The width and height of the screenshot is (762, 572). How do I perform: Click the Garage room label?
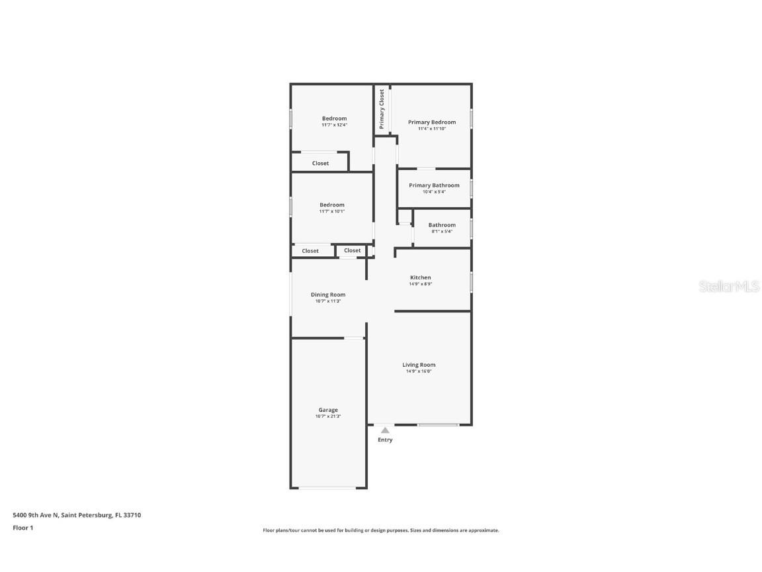pyautogui.click(x=328, y=410)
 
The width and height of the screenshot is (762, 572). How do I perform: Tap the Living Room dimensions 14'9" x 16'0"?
pyautogui.click(x=419, y=371)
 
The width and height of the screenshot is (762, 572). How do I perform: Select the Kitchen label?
pyautogui.click(x=421, y=277)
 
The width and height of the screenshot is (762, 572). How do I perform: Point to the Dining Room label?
pyautogui.click(x=328, y=295)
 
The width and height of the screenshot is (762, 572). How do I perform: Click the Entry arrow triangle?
pyautogui.click(x=385, y=430)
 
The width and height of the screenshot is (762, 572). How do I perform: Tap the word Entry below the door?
pyautogui.click(x=385, y=440)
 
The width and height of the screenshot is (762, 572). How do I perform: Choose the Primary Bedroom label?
pyautogui.click(x=432, y=122)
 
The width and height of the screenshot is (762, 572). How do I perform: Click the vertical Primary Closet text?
pyautogui.click(x=382, y=109)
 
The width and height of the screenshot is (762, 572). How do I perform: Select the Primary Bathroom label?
pyautogui.click(x=434, y=185)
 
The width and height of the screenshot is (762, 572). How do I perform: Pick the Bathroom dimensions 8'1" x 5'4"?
pyautogui.click(x=442, y=232)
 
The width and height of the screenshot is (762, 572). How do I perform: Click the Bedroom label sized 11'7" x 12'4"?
pyautogui.click(x=334, y=119)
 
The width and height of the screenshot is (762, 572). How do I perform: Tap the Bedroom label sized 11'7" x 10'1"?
pyautogui.click(x=331, y=205)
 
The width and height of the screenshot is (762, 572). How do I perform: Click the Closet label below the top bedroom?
pyautogui.click(x=320, y=164)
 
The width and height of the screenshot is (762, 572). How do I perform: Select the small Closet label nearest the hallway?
pyautogui.click(x=353, y=250)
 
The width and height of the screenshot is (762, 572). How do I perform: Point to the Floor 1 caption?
pyautogui.click(x=22, y=528)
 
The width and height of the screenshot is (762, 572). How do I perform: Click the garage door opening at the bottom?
pyautogui.click(x=328, y=489)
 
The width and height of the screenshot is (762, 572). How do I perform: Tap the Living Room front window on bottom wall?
pyautogui.click(x=438, y=424)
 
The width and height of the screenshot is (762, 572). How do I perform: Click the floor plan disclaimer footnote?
pyautogui.click(x=381, y=530)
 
